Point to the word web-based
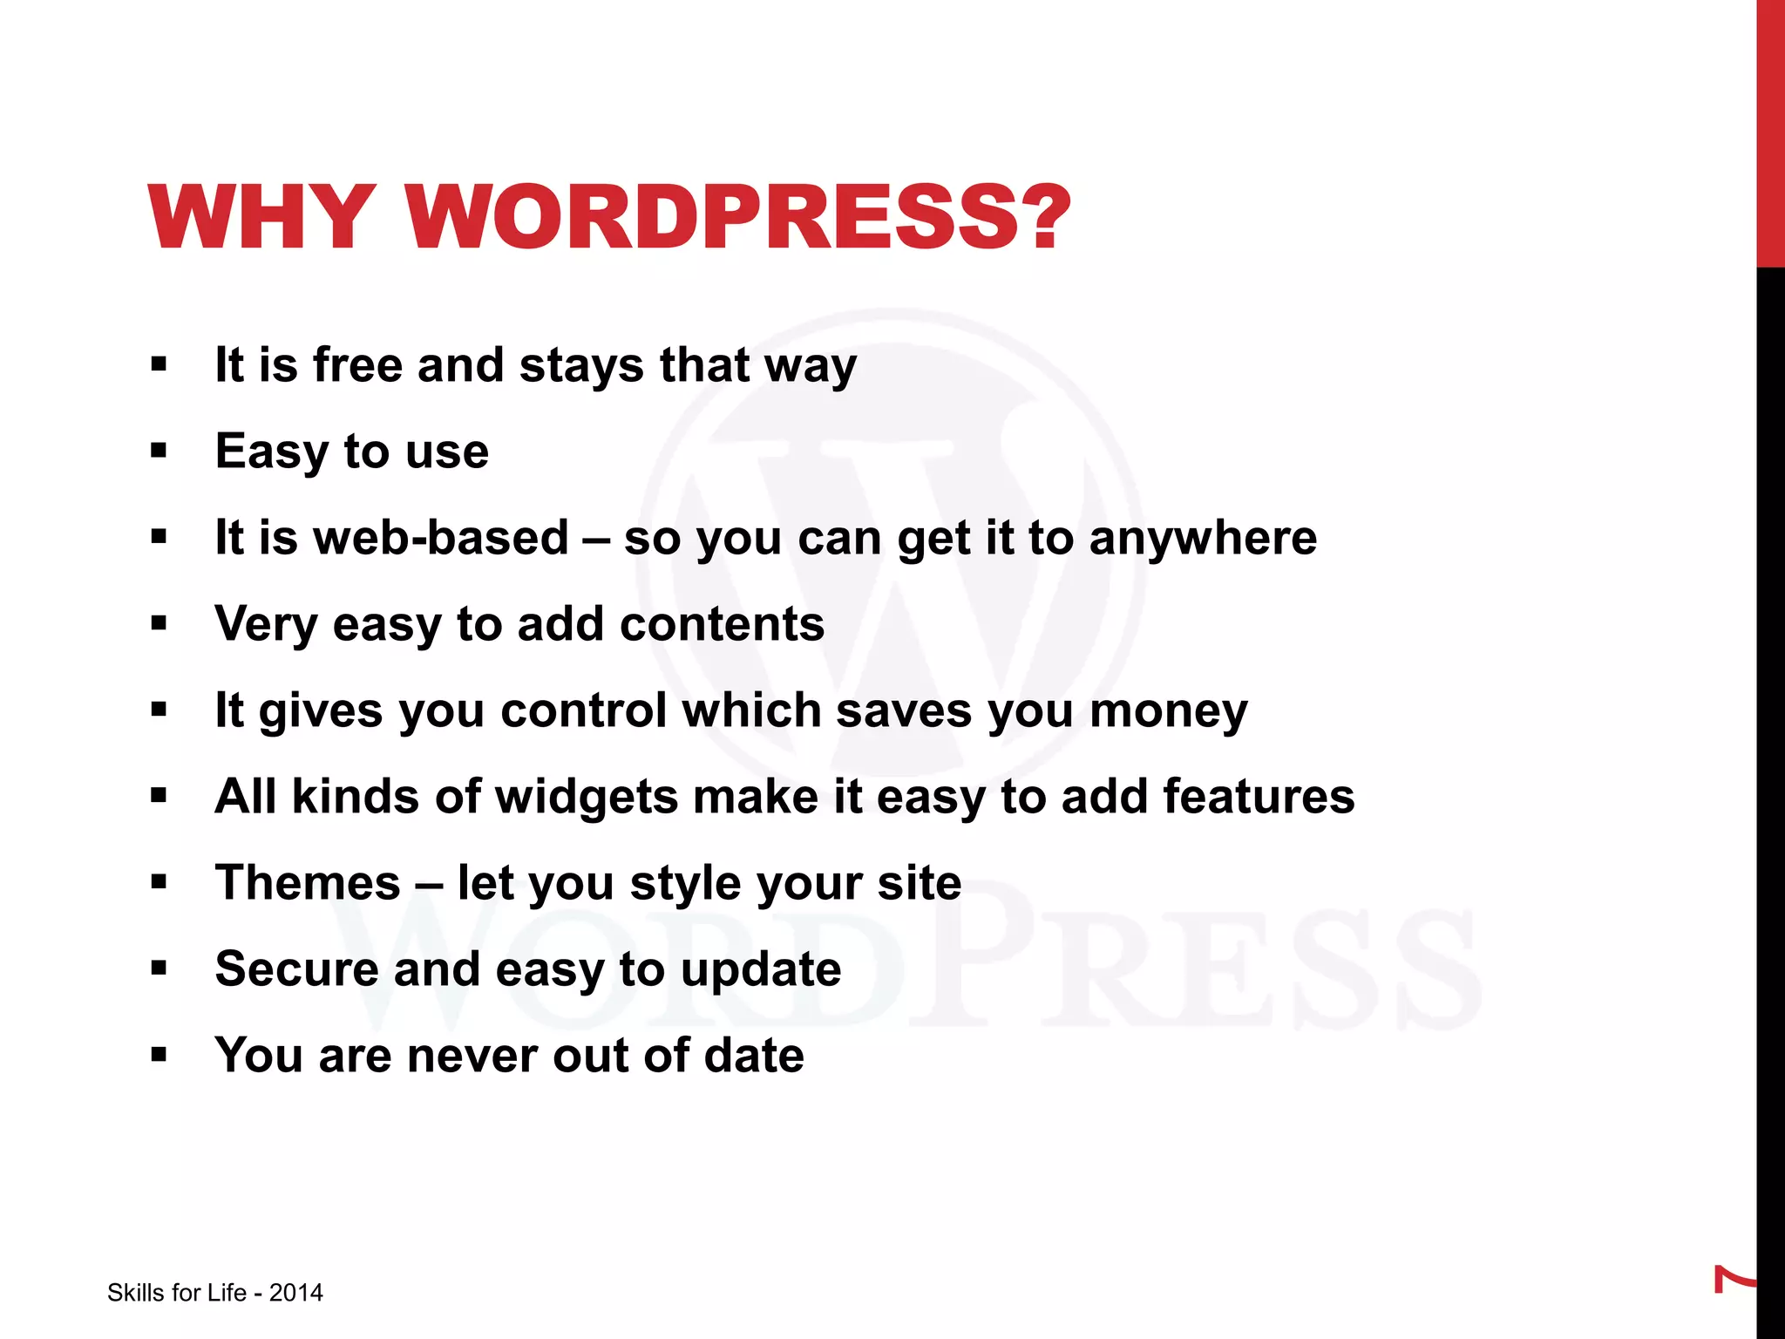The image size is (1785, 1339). tap(441, 537)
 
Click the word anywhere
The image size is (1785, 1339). tap(1203, 537)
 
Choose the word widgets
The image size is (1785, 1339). tap(587, 797)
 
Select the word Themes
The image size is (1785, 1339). tap(308, 882)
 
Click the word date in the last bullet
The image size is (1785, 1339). tap(754, 1055)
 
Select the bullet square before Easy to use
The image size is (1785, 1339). tap(159, 451)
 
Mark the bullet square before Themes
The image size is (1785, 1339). tap(159, 881)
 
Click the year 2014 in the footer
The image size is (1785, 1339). tap(295, 1293)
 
